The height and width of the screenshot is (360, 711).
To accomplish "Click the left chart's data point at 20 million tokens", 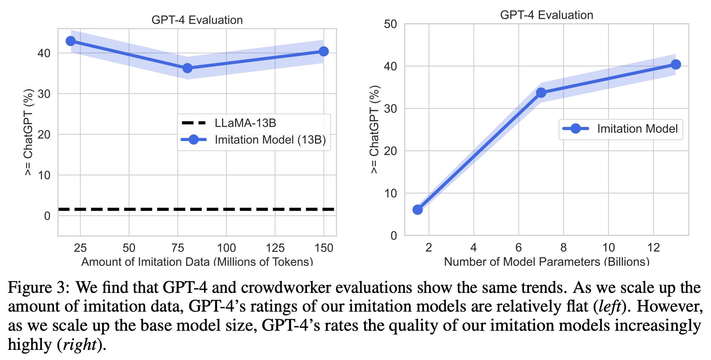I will point(70,41).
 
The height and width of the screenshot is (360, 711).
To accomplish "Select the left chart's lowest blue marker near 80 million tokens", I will point(187,68).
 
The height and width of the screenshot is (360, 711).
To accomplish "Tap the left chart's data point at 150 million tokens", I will point(324,51).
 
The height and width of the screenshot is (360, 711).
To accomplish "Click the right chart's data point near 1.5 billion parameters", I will point(417,210).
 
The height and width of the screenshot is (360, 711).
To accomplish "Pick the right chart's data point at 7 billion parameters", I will point(541,93).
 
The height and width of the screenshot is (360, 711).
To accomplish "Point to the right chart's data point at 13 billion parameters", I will point(676,64).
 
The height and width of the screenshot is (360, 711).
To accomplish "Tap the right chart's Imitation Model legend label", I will point(637,129).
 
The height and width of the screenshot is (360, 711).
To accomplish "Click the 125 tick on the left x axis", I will point(275,248).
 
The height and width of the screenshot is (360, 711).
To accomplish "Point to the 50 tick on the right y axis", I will point(390,24).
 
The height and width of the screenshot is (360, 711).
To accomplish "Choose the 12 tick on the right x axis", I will point(653,247).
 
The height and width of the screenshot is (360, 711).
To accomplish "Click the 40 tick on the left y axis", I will point(44,53).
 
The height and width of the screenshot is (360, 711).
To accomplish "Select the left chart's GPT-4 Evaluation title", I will point(197,20).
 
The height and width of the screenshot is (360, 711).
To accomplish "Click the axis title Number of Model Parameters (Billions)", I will point(546,261).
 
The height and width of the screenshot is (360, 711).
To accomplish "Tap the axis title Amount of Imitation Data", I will point(197,261).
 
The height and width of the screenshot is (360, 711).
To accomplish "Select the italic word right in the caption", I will point(79,345).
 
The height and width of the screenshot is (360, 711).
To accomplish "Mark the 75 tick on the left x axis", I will point(178,248).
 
